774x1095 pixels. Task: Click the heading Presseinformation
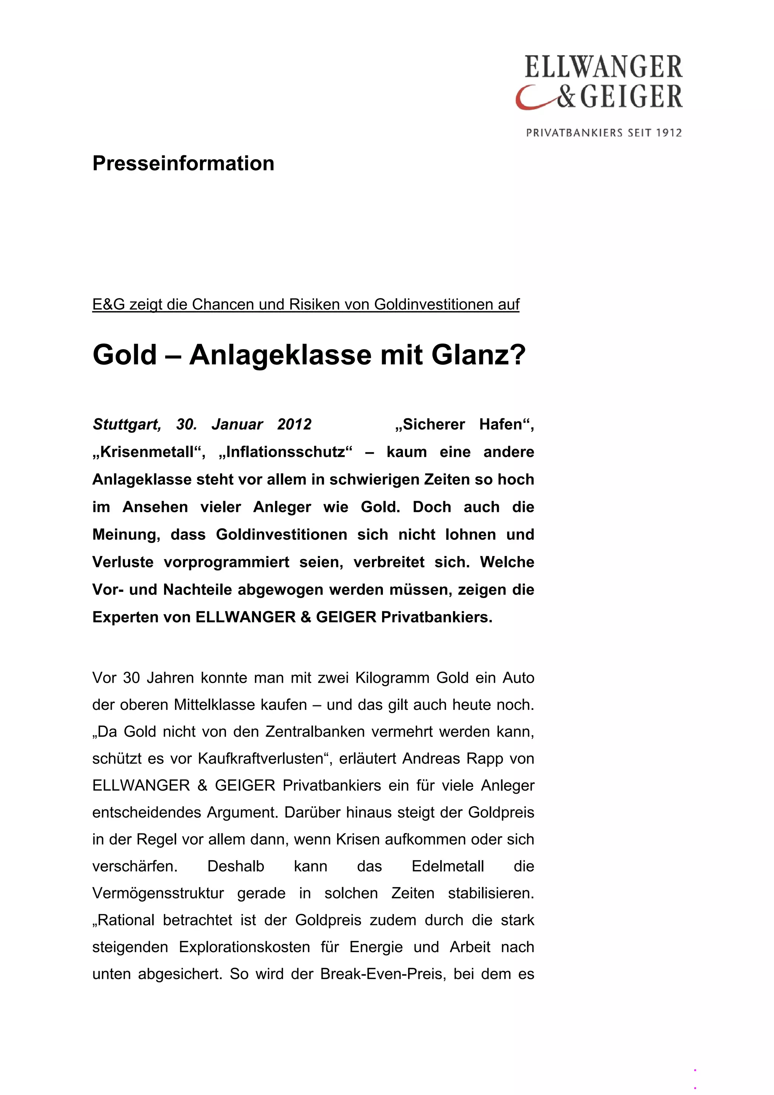(x=183, y=164)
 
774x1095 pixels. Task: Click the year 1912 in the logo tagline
(x=669, y=133)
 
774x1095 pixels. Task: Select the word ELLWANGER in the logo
(x=603, y=67)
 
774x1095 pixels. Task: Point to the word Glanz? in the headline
(x=478, y=355)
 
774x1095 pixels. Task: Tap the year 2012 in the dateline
(x=294, y=424)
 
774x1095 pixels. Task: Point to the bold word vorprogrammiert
(x=226, y=562)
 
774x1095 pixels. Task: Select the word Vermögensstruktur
(x=158, y=893)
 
